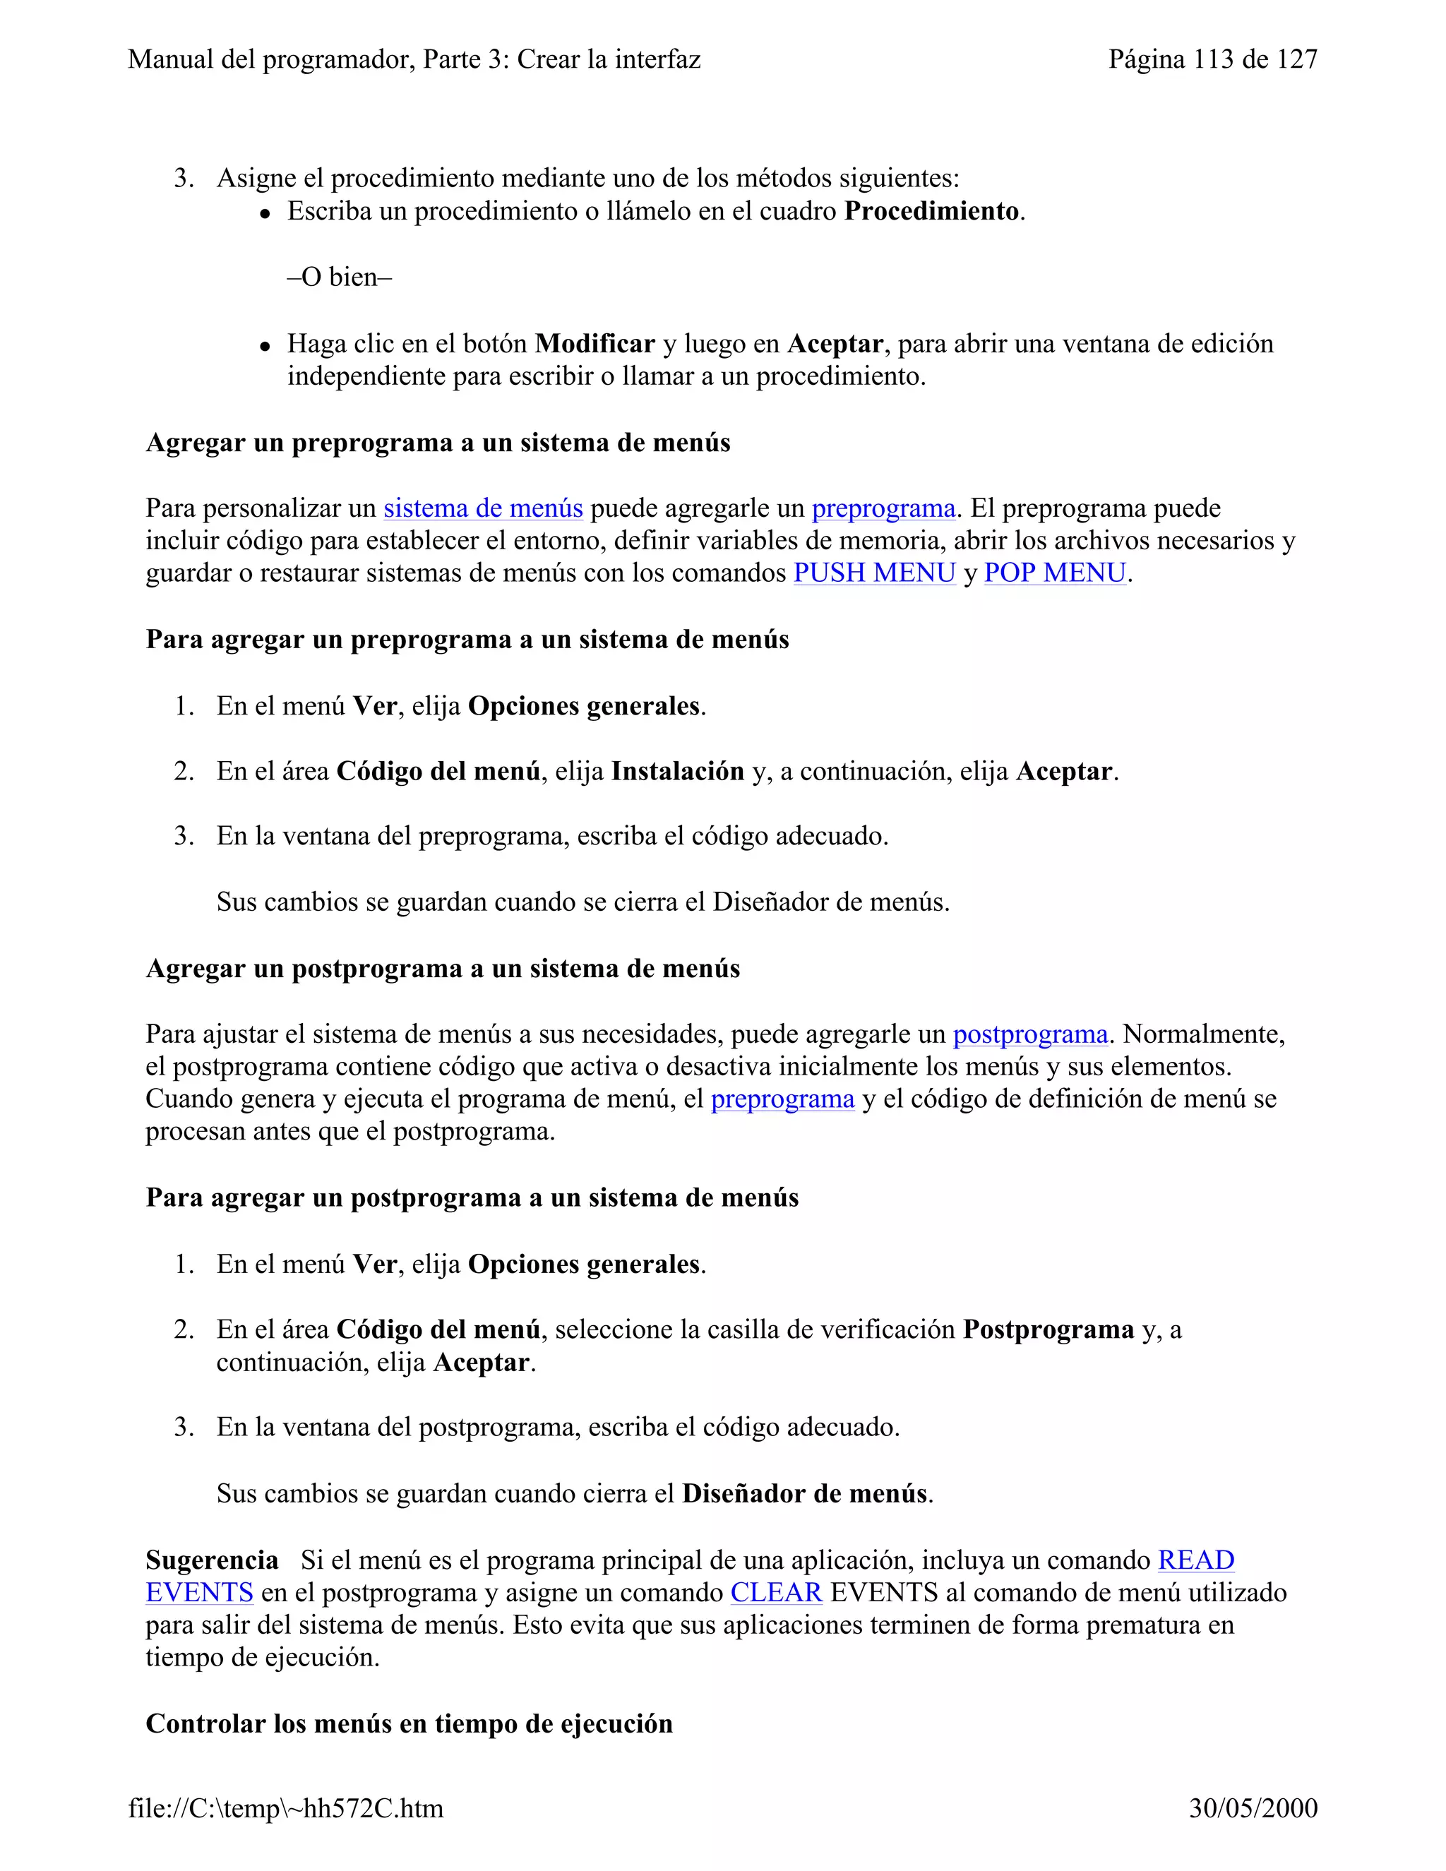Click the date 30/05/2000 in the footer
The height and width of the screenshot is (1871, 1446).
click(x=1253, y=1808)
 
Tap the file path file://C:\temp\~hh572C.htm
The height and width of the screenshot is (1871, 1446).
click(x=286, y=1808)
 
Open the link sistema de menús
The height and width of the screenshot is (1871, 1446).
click(x=483, y=508)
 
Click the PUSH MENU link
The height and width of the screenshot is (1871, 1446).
click(x=874, y=573)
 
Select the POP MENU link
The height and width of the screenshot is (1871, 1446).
click(x=1055, y=573)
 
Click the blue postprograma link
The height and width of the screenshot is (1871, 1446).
click(x=1031, y=1034)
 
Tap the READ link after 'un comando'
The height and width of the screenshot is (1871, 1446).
click(x=1196, y=1560)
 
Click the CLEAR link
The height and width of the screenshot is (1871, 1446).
click(x=776, y=1593)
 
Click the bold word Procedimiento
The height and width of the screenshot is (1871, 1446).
click(x=931, y=210)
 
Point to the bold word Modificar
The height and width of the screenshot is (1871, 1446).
click(x=594, y=344)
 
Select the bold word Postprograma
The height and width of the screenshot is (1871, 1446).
click(x=1048, y=1329)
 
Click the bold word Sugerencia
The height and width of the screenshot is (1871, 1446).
click(x=212, y=1560)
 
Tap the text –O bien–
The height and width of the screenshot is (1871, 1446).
click(x=339, y=277)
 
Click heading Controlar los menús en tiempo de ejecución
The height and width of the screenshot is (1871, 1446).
click(x=409, y=1723)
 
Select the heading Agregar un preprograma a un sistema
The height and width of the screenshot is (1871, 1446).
click(x=438, y=443)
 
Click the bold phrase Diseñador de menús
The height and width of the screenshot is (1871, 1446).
click(x=804, y=1493)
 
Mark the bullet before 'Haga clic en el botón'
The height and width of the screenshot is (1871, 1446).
click(x=266, y=346)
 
